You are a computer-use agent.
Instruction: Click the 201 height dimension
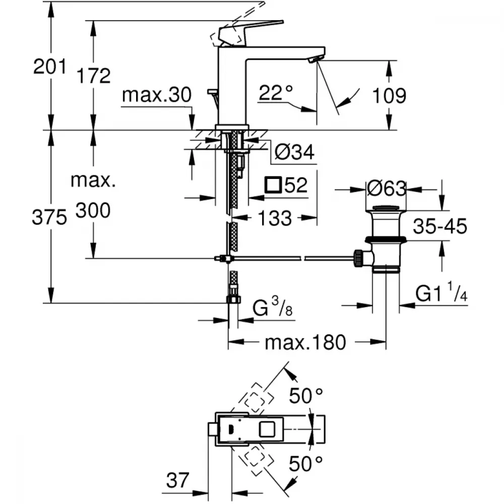[x=50, y=66]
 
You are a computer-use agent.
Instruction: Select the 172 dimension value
[x=93, y=76]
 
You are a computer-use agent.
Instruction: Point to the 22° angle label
[x=276, y=92]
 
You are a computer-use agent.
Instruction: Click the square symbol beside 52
[x=273, y=185]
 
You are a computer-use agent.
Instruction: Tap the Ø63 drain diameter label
[x=386, y=189]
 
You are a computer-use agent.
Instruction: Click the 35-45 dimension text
[x=440, y=227]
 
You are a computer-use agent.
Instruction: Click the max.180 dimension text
[x=305, y=343]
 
